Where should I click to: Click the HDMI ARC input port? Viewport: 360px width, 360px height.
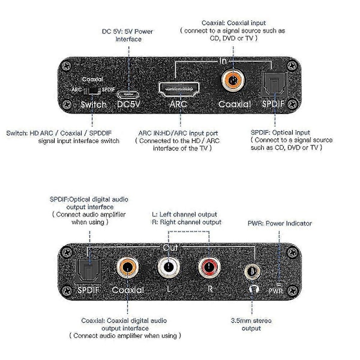[179, 89]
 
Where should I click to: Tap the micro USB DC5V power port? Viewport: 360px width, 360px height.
[128, 94]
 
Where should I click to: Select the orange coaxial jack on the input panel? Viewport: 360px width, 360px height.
[233, 80]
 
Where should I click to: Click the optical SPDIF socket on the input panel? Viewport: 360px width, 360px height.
[274, 84]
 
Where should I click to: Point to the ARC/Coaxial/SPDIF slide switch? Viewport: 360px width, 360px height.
[92, 91]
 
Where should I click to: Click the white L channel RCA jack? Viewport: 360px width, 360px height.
[169, 267]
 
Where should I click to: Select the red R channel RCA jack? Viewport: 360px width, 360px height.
[209, 267]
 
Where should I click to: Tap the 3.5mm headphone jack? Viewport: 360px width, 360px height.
[252, 272]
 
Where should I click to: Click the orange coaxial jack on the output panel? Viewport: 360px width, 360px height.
[128, 267]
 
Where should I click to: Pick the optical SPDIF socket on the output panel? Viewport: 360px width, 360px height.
[88, 271]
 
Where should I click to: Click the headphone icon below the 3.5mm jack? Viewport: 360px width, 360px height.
[254, 289]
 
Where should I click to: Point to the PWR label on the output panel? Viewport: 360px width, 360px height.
[276, 291]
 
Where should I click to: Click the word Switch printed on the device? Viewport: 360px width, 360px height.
[94, 104]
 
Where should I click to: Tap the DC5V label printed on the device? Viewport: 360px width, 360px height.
[128, 104]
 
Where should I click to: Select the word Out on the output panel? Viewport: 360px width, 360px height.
[170, 247]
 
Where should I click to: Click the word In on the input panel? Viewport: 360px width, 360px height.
[223, 61]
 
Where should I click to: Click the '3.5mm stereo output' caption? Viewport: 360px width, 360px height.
[251, 324]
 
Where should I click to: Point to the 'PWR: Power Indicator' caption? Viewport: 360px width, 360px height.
[280, 223]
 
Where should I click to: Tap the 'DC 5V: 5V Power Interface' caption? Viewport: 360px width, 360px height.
[128, 35]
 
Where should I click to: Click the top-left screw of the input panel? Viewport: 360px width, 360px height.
[67, 66]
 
